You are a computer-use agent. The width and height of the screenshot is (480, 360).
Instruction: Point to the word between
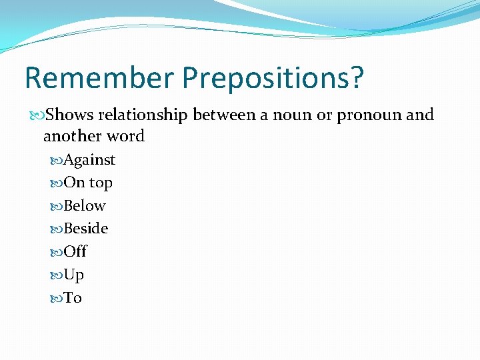224,115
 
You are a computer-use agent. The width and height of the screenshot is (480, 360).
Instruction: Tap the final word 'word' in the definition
127,136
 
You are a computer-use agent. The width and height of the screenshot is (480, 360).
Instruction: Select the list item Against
89,160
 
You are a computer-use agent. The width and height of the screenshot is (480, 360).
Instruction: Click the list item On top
88,183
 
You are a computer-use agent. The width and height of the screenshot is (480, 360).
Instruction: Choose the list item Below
85,206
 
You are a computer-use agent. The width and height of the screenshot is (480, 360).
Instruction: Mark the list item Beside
86,229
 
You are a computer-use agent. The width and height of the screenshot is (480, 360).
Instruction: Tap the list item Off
75,252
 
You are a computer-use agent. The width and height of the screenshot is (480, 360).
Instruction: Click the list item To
73,298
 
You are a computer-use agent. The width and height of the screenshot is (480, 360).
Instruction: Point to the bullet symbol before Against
57,161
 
